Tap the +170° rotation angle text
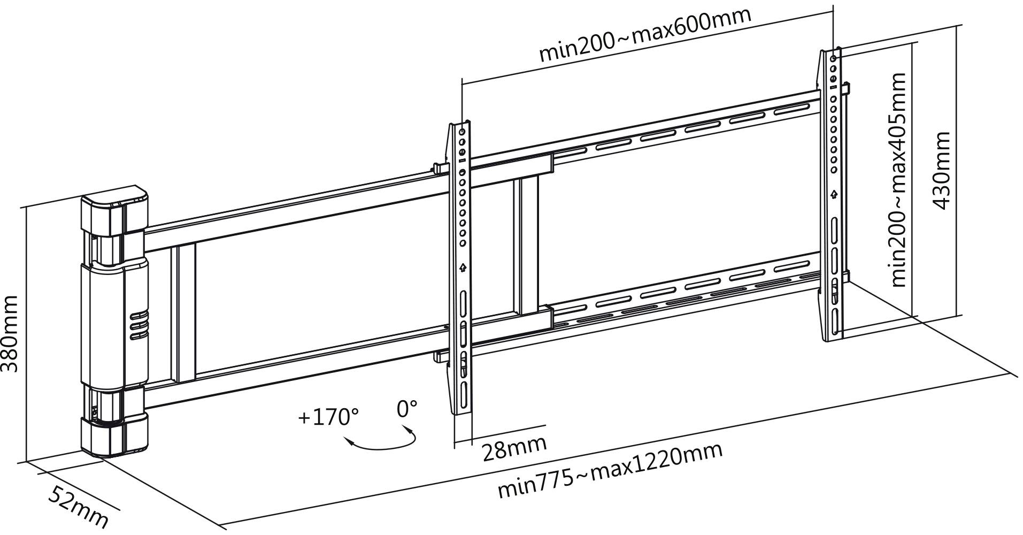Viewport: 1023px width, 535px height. [x=328, y=417]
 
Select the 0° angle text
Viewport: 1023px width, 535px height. [x=406, y=409]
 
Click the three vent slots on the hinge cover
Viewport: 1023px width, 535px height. [x=137, y=324]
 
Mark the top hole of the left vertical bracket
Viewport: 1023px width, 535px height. [x=463, y=131]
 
